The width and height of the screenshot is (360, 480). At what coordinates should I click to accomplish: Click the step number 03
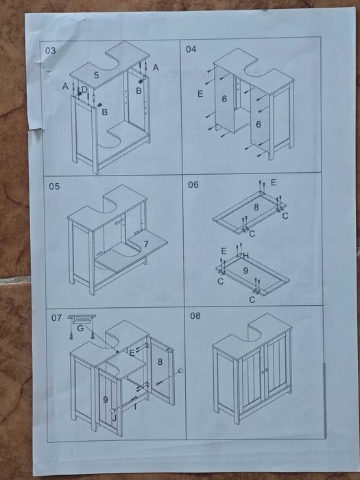51,51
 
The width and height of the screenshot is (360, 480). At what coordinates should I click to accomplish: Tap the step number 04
191,49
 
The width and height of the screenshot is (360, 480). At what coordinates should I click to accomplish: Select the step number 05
54,186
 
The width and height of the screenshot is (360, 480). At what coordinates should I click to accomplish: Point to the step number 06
193,184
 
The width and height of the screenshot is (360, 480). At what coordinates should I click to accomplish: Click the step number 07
56,317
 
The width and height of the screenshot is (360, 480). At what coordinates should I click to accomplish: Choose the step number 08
195,315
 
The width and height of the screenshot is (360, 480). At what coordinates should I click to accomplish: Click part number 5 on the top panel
97,75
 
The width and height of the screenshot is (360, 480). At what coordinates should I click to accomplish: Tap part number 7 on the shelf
146,244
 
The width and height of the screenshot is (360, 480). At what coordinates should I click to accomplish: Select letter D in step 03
84,89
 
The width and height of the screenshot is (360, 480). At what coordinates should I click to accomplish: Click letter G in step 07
80,328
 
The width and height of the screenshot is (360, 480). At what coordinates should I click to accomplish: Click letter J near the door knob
114,418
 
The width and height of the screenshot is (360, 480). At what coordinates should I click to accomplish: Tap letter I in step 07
135,407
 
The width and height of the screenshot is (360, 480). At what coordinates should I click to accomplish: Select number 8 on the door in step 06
256,207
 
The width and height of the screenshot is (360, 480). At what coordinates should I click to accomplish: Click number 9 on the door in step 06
245,271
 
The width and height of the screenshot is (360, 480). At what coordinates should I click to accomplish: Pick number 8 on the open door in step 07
160,361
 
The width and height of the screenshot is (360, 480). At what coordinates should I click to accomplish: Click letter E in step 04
200,94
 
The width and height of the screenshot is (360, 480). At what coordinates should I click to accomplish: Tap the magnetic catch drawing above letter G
82,319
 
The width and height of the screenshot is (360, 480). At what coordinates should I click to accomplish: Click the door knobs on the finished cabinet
265,371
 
